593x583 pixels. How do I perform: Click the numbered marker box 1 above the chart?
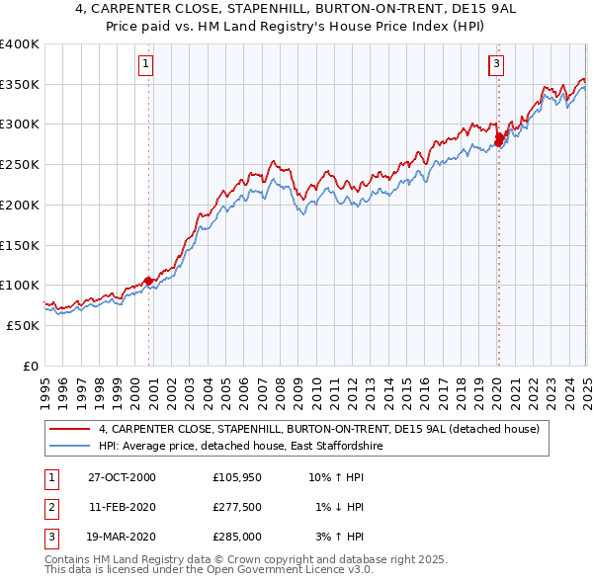[x=145, y=65]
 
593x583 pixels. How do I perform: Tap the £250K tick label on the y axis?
[x=20, y=164]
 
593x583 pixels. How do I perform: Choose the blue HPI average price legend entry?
[x=240, y=447]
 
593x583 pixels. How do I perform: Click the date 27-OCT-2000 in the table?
[x=123, y=477]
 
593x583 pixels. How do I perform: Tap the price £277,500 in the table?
[x=237, y=507]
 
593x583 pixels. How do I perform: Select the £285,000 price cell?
[x=237, y=537]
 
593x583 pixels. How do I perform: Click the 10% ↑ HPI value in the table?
[x=337, y=477]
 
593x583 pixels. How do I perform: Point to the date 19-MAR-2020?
[x=123, y=537]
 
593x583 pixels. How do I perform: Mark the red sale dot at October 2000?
[x=148, y=281]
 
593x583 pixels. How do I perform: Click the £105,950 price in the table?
[x=237, y=477]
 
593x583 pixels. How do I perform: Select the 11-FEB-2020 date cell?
[x=123, y=507]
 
